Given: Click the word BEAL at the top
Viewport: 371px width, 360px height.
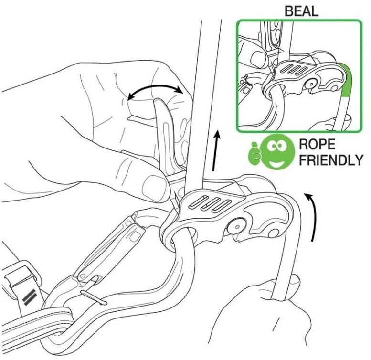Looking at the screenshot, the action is [x=301, y=11].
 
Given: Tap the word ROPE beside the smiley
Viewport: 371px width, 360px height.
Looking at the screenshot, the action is [x=317, y=144].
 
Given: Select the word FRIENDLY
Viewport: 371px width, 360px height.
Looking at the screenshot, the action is [x=331, y=160].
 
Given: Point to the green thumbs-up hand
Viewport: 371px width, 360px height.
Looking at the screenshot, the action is [x=254, y=154].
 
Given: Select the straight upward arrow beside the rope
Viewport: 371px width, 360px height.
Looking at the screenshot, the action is [x=216, y=150].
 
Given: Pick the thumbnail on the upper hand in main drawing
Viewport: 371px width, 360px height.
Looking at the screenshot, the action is [x=153, y=187].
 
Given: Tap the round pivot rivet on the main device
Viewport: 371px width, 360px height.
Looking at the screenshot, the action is [x=236, y=226].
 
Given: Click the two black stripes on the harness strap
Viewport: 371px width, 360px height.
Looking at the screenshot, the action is [x=29, y=296].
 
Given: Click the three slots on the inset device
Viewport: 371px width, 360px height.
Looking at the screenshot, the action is [x=293, y=69].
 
